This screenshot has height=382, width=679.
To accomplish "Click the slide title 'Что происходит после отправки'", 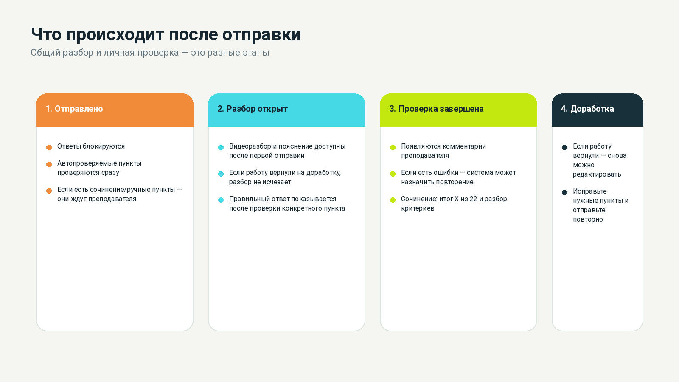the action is (x=166, y=34).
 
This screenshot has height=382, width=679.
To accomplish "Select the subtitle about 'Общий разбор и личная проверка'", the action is (x=150, y=53).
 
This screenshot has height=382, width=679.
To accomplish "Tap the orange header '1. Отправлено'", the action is (x=74, y=109).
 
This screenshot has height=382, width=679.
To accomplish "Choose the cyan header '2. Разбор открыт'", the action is (x=253, y=109).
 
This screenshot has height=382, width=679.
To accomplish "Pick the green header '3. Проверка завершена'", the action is (x=437, y=109).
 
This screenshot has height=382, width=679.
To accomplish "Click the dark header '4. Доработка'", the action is (x=587, y=109).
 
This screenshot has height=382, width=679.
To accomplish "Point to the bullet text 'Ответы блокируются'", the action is (x=91, y=146).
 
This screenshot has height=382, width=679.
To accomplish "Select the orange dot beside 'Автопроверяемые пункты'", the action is (x=49, y=164).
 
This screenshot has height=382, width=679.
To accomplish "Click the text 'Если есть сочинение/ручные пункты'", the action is (x=116, y=189).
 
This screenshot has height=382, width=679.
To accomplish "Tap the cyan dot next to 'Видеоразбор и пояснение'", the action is (x=221, y=147).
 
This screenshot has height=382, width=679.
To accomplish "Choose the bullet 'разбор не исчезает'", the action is (x=260, y=182).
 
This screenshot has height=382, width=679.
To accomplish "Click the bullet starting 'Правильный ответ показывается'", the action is (x=287, y=203).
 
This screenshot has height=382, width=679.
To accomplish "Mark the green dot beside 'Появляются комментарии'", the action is (x=393, y=147).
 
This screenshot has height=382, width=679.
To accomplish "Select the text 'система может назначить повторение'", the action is (x=458, y=177).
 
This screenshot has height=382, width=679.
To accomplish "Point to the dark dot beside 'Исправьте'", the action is (x=564, y=193).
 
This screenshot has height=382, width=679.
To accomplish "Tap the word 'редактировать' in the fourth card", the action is (x=597, y=174).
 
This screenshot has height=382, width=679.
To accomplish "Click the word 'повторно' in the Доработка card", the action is (x=588, y=219).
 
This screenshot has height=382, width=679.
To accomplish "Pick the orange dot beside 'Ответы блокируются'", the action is (x=49, y=147).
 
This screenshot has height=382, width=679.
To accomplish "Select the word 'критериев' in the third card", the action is (x=418, y=208).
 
